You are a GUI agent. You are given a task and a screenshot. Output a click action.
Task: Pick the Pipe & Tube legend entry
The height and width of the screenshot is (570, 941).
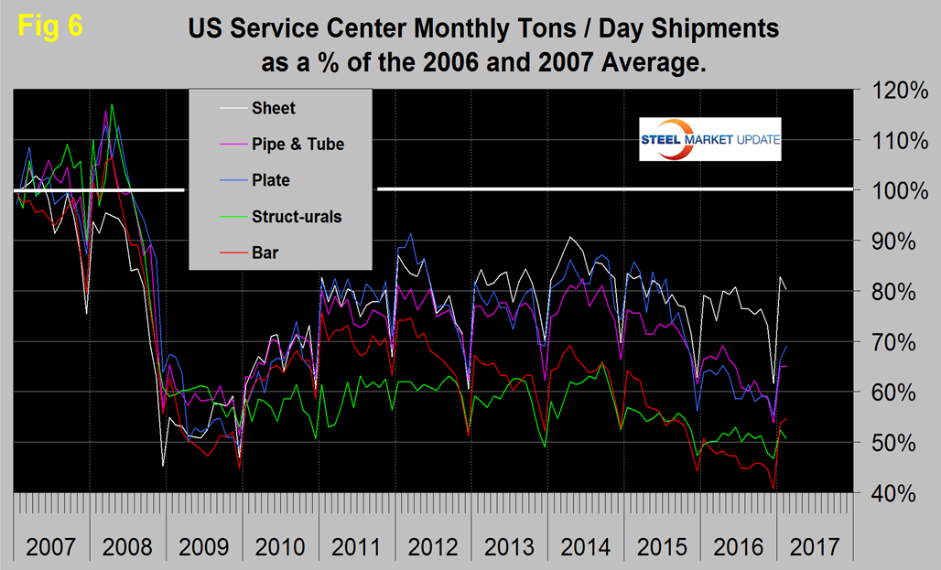click(x=297, y=144)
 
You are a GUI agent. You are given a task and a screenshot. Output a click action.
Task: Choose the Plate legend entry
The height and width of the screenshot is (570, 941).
click(x=272, y=180)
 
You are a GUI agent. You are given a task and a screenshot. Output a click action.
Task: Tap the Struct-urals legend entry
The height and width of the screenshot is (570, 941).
click(x=297, y=217)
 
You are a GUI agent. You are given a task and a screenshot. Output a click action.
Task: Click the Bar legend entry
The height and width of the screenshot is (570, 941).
click(x=265, y=253)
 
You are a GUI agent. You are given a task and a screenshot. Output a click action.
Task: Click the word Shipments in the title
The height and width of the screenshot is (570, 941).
click(x=703, y=28)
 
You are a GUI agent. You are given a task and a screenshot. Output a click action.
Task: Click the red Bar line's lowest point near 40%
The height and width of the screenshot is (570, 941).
click(x=773, y=489)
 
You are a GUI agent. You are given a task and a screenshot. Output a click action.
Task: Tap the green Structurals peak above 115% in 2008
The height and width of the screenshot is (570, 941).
click(x=112, y=104)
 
